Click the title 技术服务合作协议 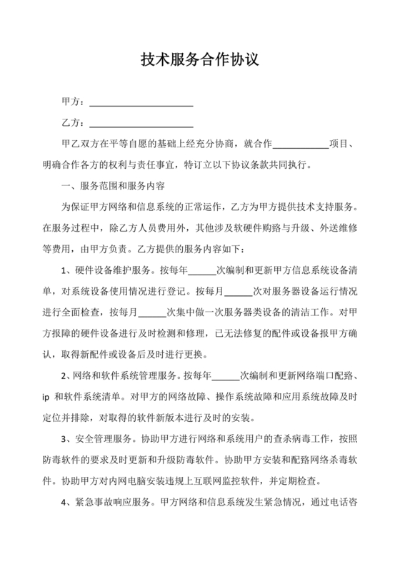(x=199, y=60)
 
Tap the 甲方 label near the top (x=71, y=102)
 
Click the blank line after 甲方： (x=140, y=102)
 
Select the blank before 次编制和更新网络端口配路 (x=226, y=375)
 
